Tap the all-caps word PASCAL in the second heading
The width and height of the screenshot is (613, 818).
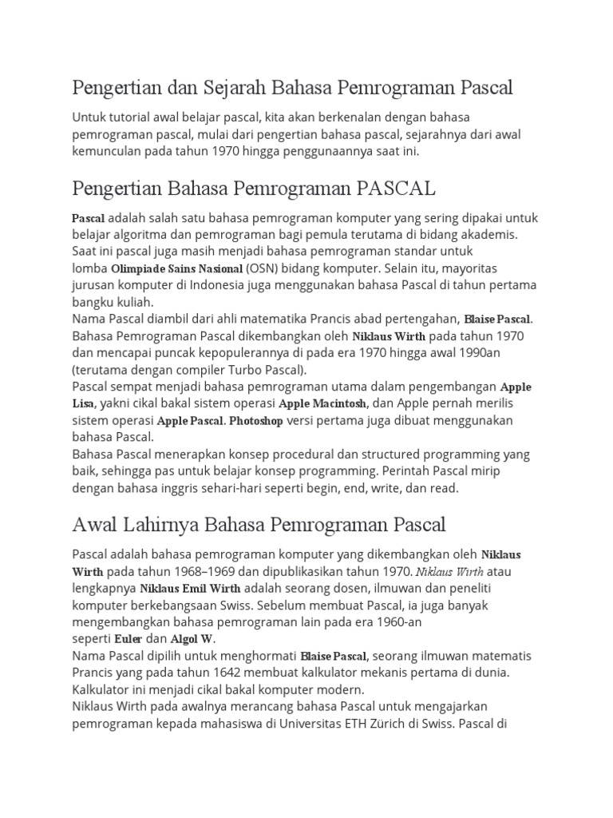(396, 189)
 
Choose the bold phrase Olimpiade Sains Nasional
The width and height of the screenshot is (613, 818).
(177, 268)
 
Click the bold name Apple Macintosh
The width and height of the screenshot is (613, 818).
(322, 403)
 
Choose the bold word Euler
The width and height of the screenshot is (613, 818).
(129, 639)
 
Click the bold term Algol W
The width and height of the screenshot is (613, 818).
(192, 639)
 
